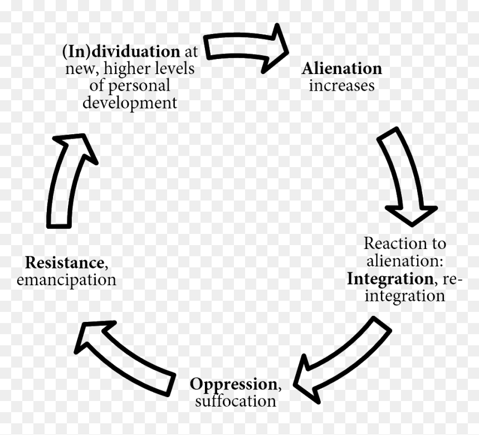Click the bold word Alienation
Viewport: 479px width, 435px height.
coord(342,69)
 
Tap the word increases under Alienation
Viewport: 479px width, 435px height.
coord(341,86)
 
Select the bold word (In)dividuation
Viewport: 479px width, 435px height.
coord(121,52)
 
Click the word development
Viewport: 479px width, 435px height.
coord(130,103)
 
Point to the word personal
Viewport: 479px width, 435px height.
coord(139,86)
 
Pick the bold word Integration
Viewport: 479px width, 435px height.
coord(390,279)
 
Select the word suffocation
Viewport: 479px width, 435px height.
coord(236,401)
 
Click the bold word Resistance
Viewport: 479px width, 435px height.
coord(65,263)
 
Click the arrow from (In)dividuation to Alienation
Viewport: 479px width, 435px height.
coord(245,47)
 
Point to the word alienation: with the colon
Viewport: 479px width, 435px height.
coord(405,261)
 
